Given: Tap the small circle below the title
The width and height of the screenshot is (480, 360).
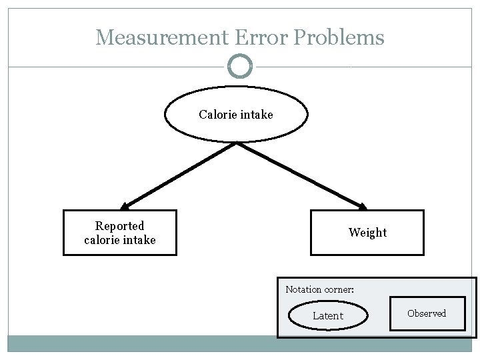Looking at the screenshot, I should coord(239,66).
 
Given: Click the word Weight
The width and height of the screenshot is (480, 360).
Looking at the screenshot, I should coord(367,233).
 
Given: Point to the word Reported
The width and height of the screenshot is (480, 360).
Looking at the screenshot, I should coord(120,226).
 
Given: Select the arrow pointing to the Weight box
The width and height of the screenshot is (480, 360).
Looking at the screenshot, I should coord(300,175).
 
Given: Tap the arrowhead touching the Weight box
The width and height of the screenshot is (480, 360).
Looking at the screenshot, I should coord(361,205).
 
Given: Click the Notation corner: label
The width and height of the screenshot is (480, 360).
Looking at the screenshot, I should coord(319,289).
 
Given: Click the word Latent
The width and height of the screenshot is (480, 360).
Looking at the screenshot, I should coord(328,316).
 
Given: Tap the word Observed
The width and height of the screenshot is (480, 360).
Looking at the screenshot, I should coord(427,313).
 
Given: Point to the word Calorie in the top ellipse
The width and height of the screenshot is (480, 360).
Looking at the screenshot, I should coord(214,115).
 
